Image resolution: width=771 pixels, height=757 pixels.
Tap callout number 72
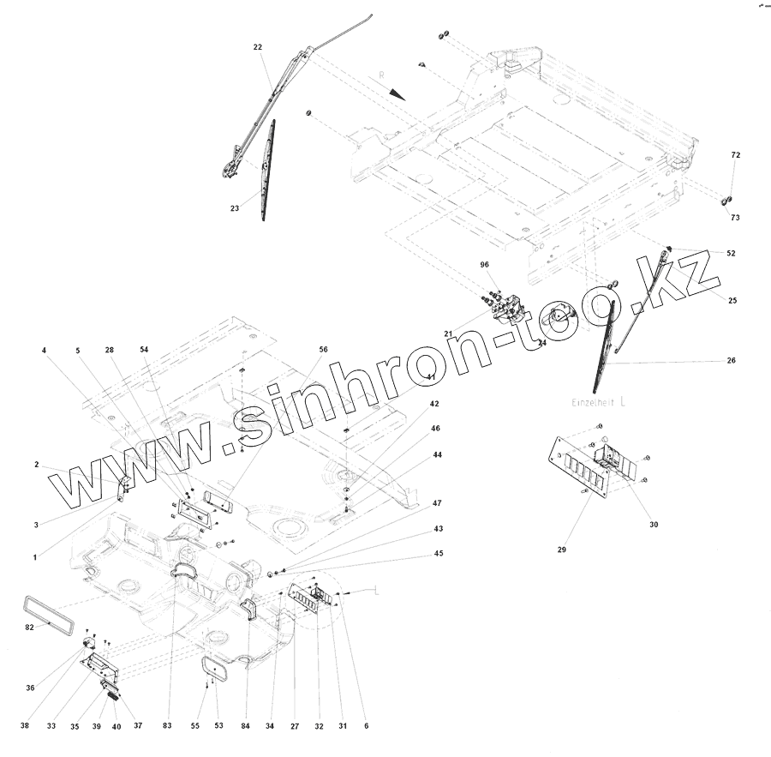tap(735, 155)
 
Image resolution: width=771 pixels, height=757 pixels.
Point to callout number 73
tap(735, 218)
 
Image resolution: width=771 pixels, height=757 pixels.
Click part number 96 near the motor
tap(484, 266)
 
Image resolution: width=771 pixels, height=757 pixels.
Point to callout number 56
tap(323, 350)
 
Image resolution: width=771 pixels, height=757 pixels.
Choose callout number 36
tap(31, 688)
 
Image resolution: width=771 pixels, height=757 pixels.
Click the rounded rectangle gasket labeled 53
tap(213, 668)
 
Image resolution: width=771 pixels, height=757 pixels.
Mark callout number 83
tap(167, 726)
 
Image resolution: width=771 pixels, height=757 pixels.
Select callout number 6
tap(366, 726)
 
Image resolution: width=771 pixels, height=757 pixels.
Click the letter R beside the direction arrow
tap(381, 76)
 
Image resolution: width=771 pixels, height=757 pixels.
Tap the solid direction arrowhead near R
tap(397, 92)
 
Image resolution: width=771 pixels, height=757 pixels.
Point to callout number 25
tap(732, 300)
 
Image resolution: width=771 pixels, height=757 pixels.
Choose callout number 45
tap(439, 554)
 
